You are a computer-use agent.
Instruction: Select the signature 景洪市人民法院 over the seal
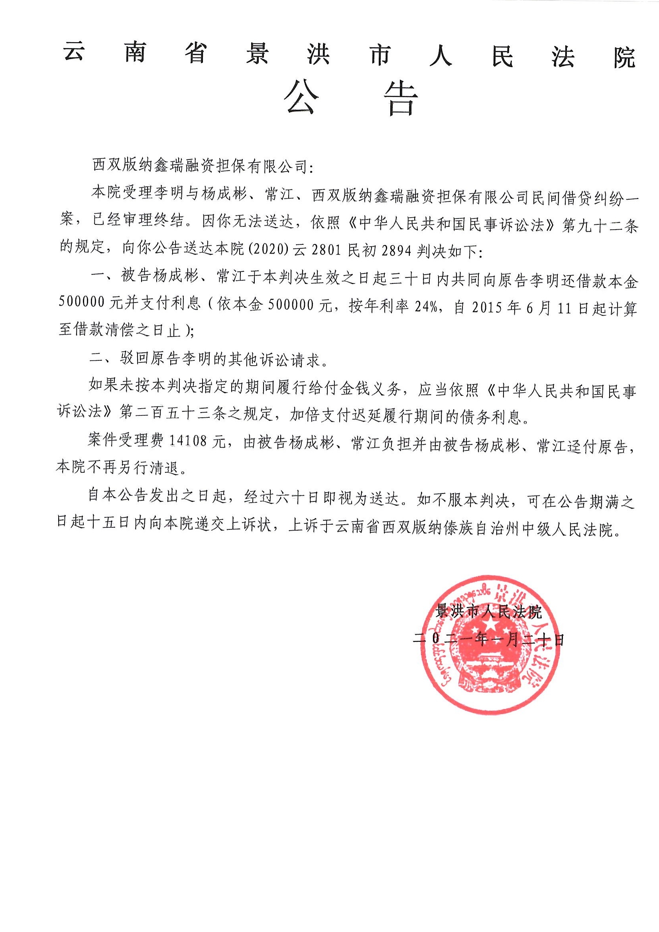[x=488, y=612]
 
